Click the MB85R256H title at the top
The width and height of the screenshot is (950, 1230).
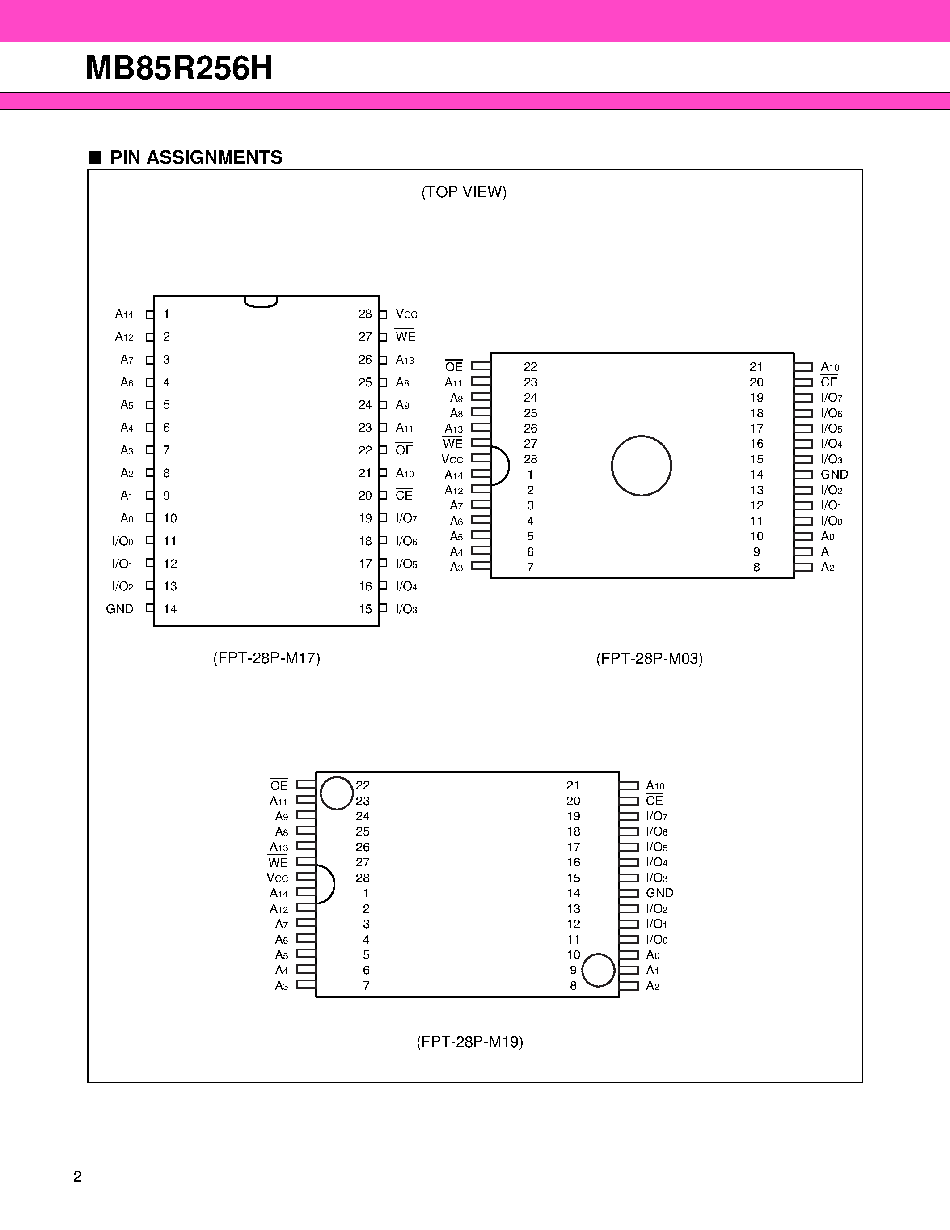pos(179,69)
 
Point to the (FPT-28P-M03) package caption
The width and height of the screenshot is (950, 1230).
pos(650,659)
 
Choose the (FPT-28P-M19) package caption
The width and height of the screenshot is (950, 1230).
pos(469,1042)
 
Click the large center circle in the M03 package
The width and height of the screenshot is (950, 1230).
pos(641,466)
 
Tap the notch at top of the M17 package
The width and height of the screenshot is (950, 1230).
pos(261,302)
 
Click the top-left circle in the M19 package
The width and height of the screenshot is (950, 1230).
pos(337,793)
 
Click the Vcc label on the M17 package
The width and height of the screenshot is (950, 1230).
pos(406,314)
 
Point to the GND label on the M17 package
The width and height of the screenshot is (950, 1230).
pos(119,609)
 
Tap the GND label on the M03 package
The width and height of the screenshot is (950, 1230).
pos(834,475)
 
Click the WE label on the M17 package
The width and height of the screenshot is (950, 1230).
pos(405,337)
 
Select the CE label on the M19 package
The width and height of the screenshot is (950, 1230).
pos(654,801)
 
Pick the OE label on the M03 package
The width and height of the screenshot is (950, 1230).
pos(454,367)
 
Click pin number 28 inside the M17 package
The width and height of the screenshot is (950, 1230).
pos(365,314)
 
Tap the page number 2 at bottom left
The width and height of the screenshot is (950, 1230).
pos(78,1176)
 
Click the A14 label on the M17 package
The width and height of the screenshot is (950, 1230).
pos(124,314)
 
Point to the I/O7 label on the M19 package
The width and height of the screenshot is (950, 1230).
pos(657,817)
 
